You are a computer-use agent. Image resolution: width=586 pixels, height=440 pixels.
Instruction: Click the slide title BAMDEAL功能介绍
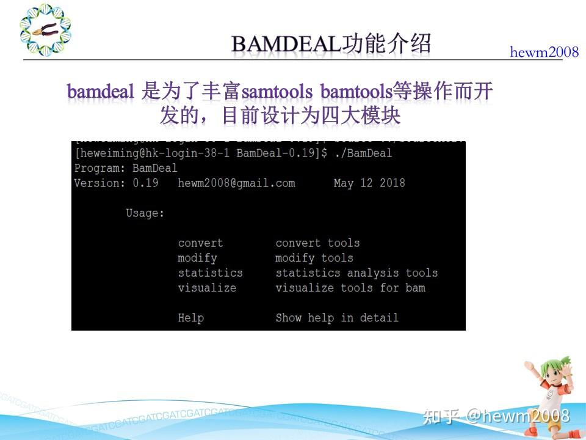point(331,44)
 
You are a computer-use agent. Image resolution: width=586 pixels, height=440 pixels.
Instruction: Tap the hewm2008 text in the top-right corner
point(544,53)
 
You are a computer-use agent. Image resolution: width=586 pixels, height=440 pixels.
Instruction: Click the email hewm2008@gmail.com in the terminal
point(236,183)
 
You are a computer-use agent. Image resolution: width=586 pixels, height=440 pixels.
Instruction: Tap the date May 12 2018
point(369,183)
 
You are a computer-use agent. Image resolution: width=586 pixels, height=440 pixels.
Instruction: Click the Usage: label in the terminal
point(145,213)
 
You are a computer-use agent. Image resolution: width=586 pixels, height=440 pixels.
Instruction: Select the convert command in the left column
point(200,243)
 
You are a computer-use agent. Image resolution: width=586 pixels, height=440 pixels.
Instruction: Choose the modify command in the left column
point(197,258)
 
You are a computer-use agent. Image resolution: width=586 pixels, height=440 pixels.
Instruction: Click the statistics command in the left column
point(210,273)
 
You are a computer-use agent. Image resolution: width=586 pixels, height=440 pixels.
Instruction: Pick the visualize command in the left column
point(207,288)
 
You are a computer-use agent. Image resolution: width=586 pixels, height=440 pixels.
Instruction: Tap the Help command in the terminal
point(190,318)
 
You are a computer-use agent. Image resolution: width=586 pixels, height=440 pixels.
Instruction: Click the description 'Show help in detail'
point(337,318)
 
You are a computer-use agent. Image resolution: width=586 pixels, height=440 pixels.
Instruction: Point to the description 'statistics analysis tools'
point(356,273)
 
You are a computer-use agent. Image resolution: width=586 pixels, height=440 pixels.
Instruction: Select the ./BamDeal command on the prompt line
point(363,153)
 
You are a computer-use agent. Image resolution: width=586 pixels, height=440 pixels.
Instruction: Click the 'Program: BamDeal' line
point(126,167)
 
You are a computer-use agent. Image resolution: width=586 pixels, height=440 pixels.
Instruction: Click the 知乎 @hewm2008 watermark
point(496,416)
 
